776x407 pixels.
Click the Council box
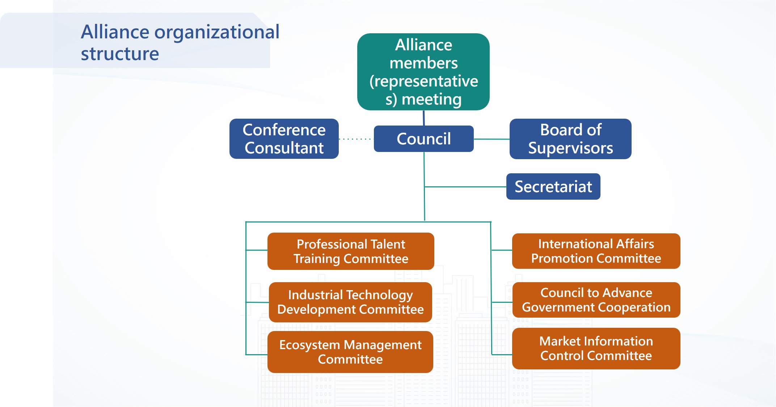click(423, 139)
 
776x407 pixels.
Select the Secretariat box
click(553, 187)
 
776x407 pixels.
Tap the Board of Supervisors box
click(570, 139)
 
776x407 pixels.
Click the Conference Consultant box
click(284, 139)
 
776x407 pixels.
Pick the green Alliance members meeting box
click(423, 72)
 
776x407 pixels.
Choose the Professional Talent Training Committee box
click(351, 251)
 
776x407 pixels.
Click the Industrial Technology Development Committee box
click(350, 302)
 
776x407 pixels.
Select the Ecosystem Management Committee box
click(350, 352)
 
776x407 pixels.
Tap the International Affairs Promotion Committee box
click(596, 251)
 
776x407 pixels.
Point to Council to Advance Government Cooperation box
click(596, 300)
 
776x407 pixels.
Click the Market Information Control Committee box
click(596, 348)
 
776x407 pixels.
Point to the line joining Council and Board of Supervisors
click(492, 139)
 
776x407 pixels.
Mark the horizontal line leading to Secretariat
click(465, 187)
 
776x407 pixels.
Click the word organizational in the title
click(217, 32)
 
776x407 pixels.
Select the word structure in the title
click(120, 54)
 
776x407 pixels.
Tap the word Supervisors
click(570, 148)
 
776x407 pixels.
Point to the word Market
click(560, 341)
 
